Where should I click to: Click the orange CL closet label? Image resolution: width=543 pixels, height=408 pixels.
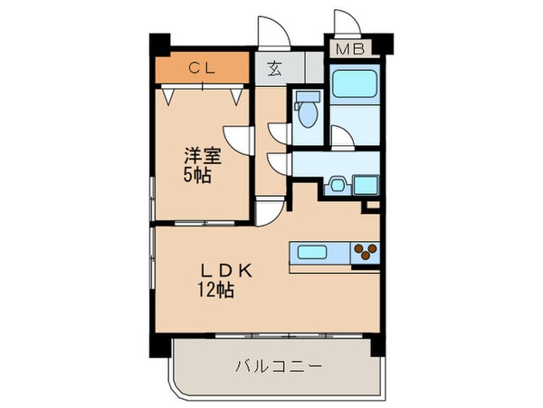coord(201,66)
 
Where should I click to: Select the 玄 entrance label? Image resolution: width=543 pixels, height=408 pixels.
coord(272,67)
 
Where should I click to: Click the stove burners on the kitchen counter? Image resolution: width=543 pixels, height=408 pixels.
coord(367,252)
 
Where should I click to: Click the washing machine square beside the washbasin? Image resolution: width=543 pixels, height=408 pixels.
coord(367,185)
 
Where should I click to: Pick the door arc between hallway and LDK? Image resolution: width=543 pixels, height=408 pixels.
coord(269,212)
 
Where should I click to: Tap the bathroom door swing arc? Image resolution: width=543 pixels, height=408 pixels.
coord(341,138)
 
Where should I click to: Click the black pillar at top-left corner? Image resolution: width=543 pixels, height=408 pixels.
coord(159,43)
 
